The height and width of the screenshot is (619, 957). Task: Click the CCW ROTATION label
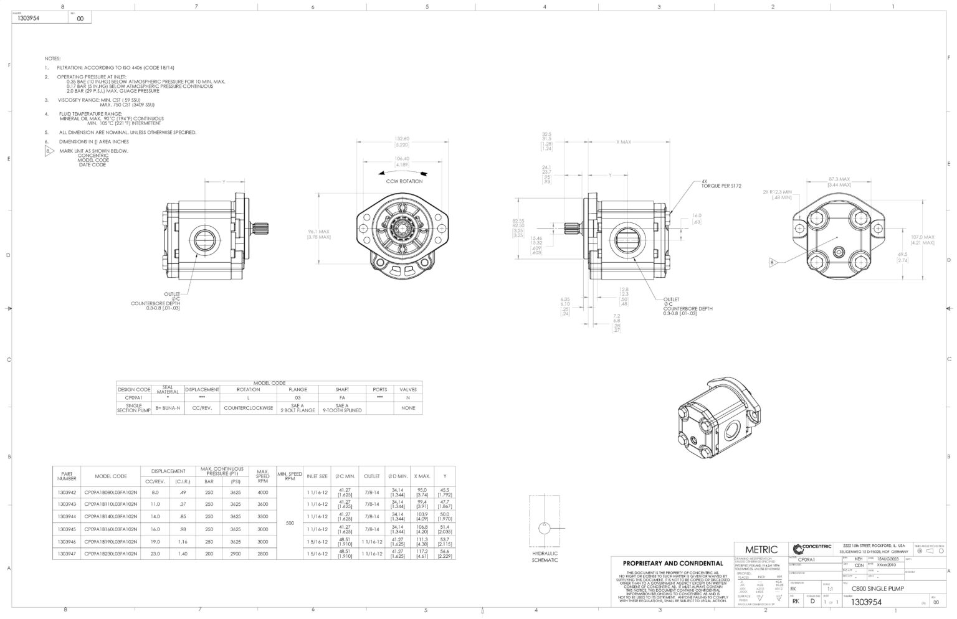(404, 181)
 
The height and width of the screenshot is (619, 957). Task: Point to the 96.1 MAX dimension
(319, 234)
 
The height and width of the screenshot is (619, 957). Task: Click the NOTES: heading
(52, 58)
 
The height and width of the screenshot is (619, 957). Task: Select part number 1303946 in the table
(67, 541)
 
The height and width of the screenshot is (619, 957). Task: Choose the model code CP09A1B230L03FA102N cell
(110, 554)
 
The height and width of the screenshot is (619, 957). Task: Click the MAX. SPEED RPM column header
(262, 476)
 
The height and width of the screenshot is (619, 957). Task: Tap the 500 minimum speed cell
(290, 523)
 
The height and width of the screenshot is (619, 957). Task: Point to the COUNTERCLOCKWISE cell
(248, 408)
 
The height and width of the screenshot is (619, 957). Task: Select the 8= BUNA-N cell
(168, 408)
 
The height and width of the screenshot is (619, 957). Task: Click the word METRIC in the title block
(761, 549)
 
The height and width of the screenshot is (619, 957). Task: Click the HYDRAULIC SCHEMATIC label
(545, 557)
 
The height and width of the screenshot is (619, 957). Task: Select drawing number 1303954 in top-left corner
(29, 19)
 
